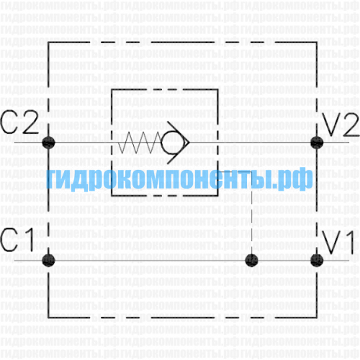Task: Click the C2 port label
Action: [x=19, y=122]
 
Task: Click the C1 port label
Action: [x=17, y=240]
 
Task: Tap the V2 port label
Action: [x=341, y=125]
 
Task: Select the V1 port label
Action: [x=338, y=243]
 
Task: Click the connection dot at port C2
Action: [x=48, y=143]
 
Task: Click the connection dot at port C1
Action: [x=48, y=261]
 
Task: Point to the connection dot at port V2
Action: [x=317, y=143]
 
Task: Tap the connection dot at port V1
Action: [x=317, y=261]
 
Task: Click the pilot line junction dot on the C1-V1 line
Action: [x=251, y=261]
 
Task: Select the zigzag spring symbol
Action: [x=140, y=143]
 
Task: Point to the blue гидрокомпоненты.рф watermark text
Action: [x=179, y=179]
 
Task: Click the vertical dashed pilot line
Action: [x=251, y=214]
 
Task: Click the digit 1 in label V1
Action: [x=349, y=243]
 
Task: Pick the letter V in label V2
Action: [x=331, y=125]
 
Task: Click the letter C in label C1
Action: [x=9, y=240]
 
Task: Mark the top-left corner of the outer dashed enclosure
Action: [x=48, y=42]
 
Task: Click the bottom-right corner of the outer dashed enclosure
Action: [x=317, y=318]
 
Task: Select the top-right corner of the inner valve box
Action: [x=217, y=89]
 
